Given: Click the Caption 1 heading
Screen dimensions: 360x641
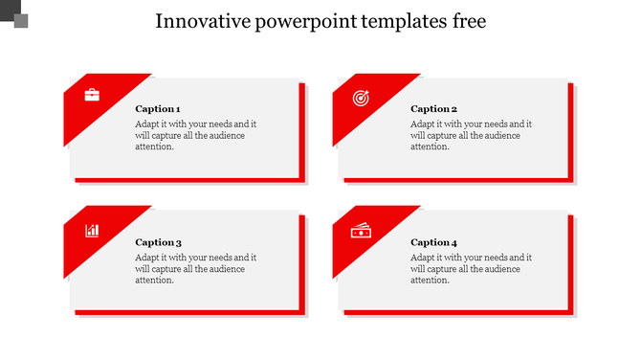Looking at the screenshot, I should tap(158, 109).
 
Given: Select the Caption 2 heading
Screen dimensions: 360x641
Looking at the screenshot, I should tap(433, 109).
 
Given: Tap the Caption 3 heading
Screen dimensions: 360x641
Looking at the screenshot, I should tap(158, 242).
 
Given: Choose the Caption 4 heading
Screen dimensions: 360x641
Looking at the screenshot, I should tap(433, 242).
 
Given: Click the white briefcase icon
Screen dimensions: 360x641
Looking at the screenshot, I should tap(92, 95).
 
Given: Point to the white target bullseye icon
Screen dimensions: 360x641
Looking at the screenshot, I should tap(361, 97).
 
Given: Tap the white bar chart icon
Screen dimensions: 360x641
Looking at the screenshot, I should tap(92, 230).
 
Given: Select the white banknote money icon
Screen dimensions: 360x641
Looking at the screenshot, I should tap(361, 230).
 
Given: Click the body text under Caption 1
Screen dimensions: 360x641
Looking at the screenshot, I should tap(195, 135).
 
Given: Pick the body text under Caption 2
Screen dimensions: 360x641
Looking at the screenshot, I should tap(471, 135).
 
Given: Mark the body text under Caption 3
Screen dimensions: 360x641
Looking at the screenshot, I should tap(195, 268).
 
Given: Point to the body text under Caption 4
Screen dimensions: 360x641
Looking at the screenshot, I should tap(471, 268).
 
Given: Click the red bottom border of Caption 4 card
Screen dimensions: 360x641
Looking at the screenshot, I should tap(459, 312).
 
